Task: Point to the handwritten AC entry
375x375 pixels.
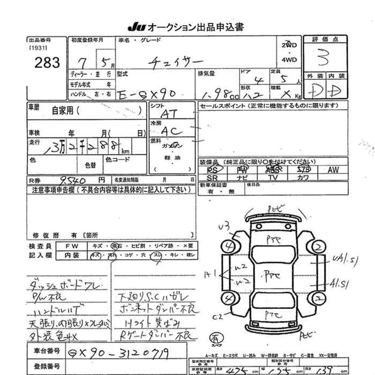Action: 172,131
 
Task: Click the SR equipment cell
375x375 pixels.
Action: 212,177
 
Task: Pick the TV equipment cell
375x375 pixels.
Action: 273,177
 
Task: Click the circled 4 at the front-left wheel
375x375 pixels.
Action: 231,246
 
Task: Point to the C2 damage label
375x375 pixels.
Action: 217,317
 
